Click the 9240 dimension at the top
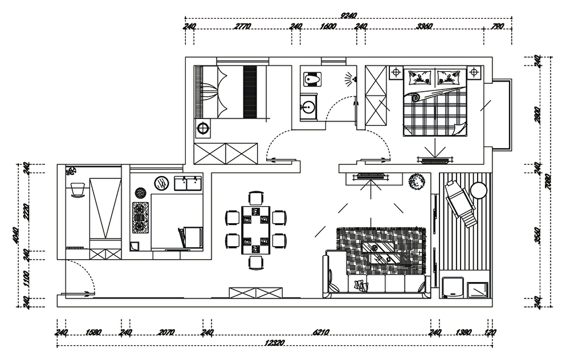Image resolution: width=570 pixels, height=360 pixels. click(348, 15)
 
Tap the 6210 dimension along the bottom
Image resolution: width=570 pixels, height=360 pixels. click(321, 333)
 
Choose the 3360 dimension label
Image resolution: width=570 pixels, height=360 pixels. click(425, 26)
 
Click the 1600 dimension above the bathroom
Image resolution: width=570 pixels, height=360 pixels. click(328, 26)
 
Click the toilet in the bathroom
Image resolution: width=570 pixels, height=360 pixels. click(311, 78)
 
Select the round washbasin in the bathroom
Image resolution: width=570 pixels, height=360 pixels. click(308, 107)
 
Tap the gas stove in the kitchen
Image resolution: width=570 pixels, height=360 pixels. click(140, 218)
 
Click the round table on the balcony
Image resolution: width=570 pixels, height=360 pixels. click(479, 190)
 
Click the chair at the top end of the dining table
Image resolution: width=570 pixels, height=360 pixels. click(255, 199)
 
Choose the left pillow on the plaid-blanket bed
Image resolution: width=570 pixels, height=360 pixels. click(421, 76)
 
